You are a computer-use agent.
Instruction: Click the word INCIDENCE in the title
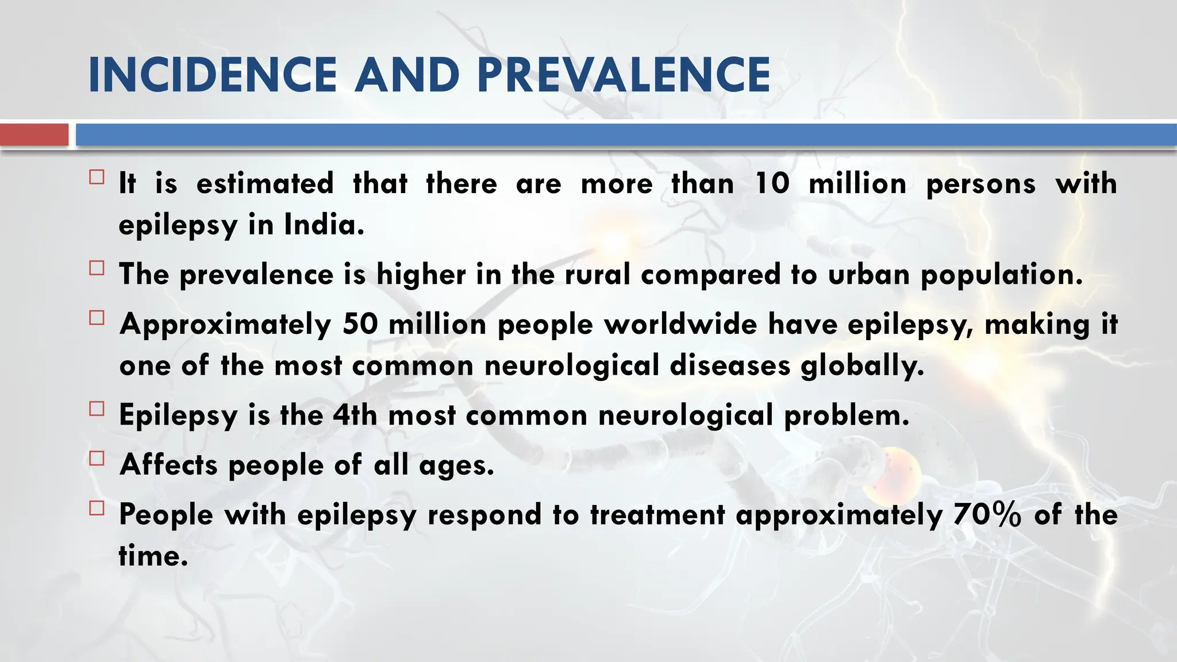coord(213,75)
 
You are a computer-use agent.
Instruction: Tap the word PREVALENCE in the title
coord(624,75)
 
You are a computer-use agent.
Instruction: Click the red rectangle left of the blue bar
coord(34,135)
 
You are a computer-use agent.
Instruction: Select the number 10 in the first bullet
coord(771,184)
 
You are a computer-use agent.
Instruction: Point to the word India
coord(324,225)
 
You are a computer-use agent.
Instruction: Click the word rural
coord(597,274)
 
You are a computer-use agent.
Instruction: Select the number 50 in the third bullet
coord(360,324)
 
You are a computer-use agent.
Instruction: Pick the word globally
coord(862,366)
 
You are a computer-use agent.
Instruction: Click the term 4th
coord(355,415)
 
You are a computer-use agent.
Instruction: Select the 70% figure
coord(987,514)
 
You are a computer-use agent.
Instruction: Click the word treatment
coord(657,514)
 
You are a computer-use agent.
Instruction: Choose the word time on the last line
coord(153,556)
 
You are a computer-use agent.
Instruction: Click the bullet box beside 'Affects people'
coord(97,458)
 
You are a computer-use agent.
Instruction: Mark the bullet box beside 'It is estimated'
coord(97,177)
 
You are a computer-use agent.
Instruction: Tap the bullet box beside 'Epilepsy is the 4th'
coord(97,409)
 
